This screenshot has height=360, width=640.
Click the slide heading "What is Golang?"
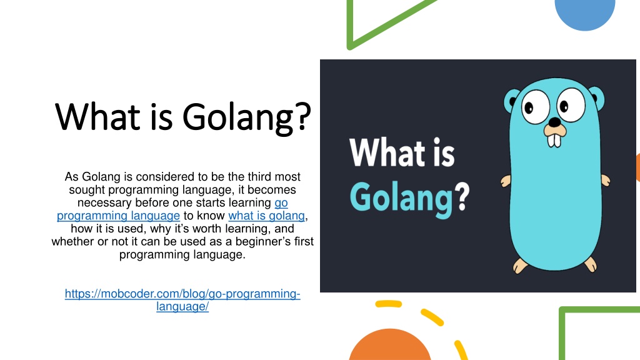[x=183, y=116]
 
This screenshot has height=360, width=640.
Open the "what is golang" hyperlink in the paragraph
[x=267, y=216]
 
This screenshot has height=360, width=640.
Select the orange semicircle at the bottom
[x=390, y=347]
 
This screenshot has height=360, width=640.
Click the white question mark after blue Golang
[x=462, y=196]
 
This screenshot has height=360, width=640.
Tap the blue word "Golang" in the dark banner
[x=401, y=197]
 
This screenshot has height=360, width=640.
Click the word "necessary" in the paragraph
[x=101, y=202]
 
